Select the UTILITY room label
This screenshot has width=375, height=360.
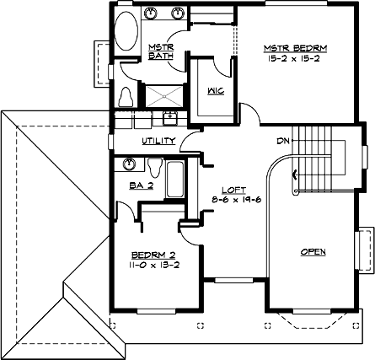point(158,141)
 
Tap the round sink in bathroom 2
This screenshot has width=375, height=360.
point(129,164)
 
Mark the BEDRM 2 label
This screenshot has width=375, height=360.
point(154,254)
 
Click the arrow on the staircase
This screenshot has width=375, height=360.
point(293,175)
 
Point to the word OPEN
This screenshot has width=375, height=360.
point(313,252)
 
